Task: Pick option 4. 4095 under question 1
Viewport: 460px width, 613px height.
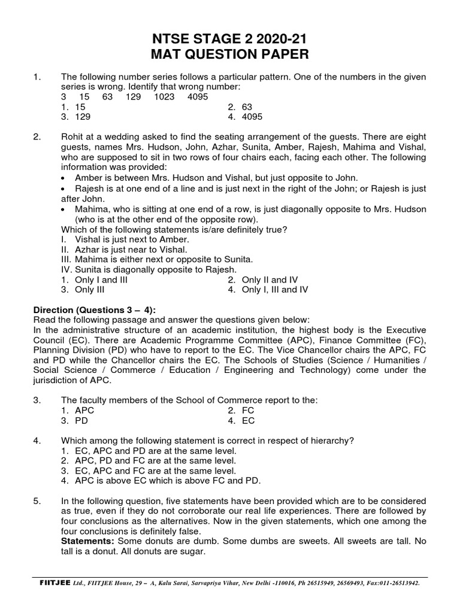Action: click(245, 117)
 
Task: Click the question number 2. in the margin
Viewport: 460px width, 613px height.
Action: click(37, 137)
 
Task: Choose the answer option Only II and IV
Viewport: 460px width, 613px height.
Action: click(262, 280)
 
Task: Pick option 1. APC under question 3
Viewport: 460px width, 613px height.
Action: click(78, 411)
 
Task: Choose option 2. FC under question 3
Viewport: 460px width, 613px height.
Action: click(241, 411)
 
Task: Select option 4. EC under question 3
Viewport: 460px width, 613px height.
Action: click(241, 421)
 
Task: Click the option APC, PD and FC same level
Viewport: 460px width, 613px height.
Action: click(149, 460)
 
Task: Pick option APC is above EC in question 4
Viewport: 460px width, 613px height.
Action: click(161, 481)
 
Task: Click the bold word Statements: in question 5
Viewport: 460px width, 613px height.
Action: click(89, 542)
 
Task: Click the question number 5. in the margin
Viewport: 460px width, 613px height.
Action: click(37, 501)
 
